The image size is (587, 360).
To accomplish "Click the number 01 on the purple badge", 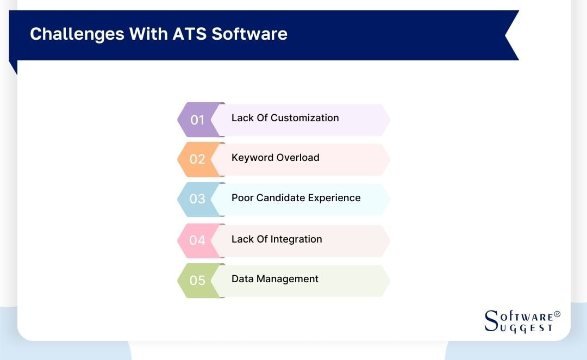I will (x=197, y=120).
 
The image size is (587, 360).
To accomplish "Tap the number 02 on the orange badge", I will (x=197, y=159).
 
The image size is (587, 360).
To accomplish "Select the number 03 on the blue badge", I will (x=197, y=199).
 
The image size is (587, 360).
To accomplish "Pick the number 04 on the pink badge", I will (x=197, y=240).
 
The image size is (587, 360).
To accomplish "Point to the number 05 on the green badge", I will (x=197, y=281).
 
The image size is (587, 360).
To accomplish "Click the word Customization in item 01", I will (x=304, y=118).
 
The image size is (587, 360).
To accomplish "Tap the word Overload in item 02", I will (x=298, y=158).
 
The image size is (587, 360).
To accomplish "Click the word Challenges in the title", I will (x=77, y=34).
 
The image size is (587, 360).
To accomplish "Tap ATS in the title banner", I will (x=190, y=34).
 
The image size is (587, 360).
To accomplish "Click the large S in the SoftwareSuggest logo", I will (x=491, y=320).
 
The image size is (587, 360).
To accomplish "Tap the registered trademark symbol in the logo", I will (x=557, y=315).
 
